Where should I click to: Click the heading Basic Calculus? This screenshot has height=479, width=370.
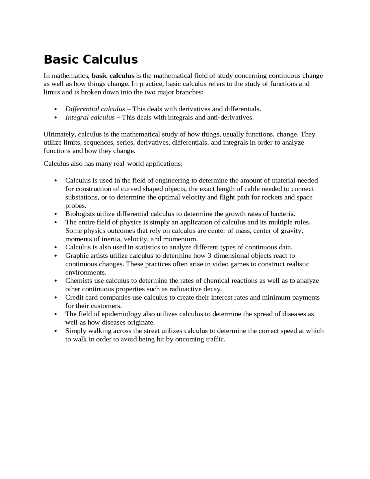pyautogui.click(x=91, y=60)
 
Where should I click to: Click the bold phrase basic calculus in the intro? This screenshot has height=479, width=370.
pyautogui.click(x=113, y=76)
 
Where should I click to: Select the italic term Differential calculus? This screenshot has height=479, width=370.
pyautogui.click(x=95, y=109)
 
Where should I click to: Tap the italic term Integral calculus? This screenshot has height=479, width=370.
pyautogui.click(x=90, y=117)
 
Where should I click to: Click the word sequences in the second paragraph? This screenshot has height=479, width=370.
pyautogui.click(x=99, y=143)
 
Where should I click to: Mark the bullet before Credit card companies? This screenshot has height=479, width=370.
pyautogui.click(x=55, y=298)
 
